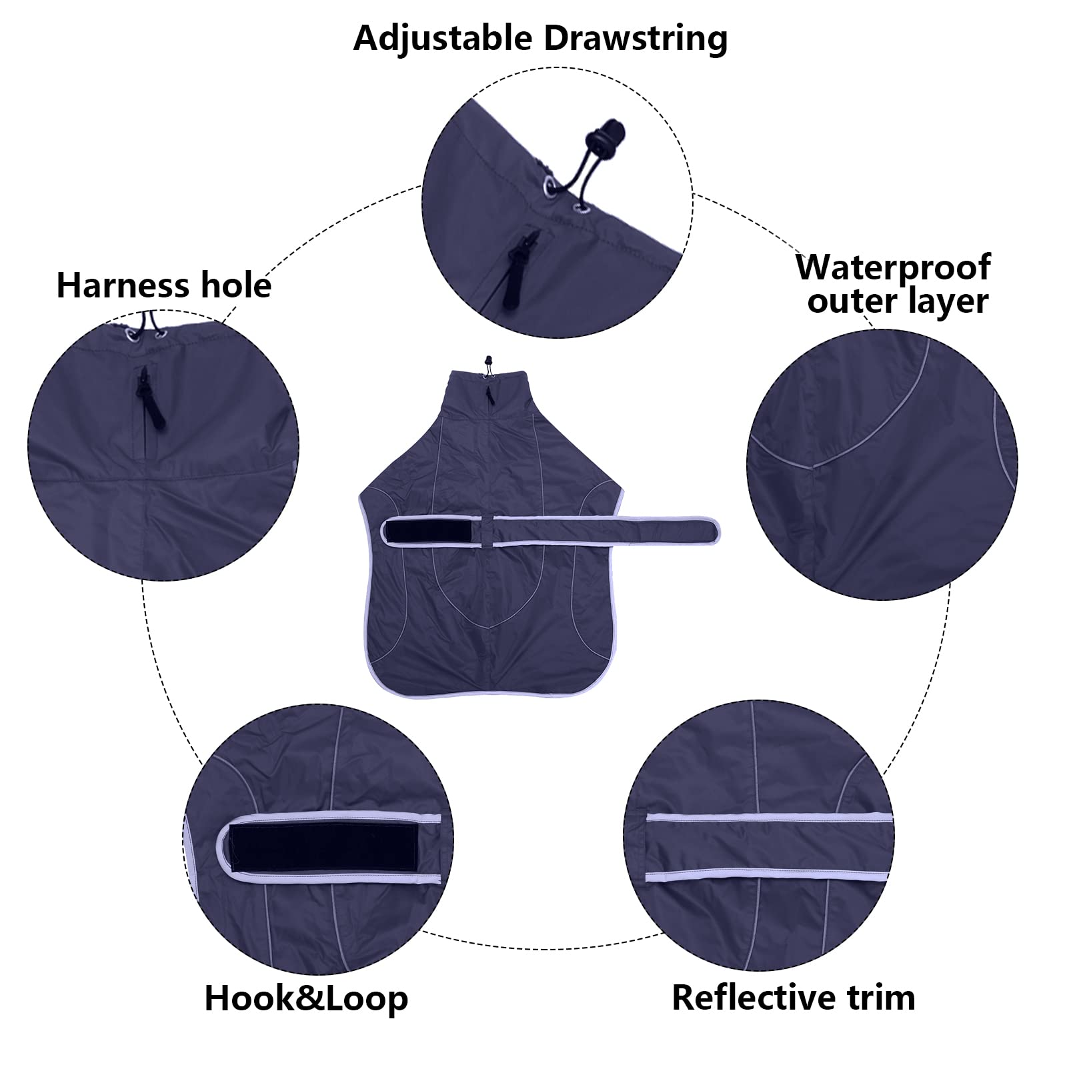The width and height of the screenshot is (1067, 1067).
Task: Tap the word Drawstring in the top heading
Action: [636, 38]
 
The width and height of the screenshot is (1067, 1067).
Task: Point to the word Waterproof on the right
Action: [893, 268]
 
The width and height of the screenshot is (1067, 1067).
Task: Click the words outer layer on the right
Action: [897, 301]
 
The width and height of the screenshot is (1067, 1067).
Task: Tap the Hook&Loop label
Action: [306, 998]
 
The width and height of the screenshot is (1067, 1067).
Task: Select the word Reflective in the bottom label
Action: [741, 998]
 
